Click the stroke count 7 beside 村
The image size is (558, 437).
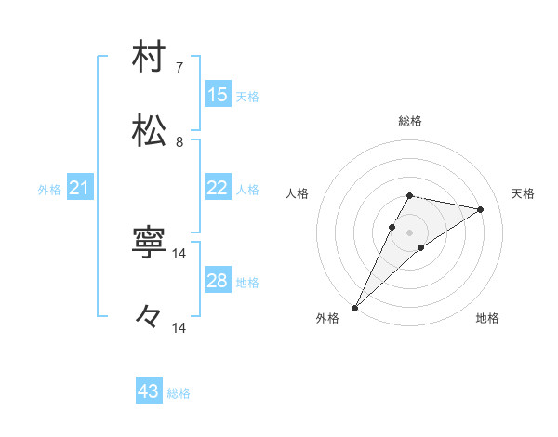click(x=179, y=68)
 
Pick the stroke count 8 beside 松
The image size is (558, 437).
click(x=179, y=142)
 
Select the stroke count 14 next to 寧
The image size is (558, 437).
click(x=179, y=254)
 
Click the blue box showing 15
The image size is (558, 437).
click(x=218, y=95)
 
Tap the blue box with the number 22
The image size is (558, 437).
click(x=218, y=188)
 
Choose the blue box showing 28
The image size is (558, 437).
click(x=218, y=281)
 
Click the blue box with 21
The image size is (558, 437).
click(x=80, y=189)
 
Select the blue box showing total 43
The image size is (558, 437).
click(x=149, y=391)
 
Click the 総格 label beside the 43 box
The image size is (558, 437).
click(x=179, y=393)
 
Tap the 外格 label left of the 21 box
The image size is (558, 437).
click(x=49, y=190)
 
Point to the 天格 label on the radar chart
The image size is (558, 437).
click(x=523, y=193)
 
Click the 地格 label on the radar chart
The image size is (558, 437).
click(x=487, y=318)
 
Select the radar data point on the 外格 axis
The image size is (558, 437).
click(x=354, y=308)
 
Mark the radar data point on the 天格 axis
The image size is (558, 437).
click(x=481, y=209)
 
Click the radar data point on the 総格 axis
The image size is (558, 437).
click(x=409, y=195)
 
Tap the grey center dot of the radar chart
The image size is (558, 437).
click(x=409, y=232)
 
